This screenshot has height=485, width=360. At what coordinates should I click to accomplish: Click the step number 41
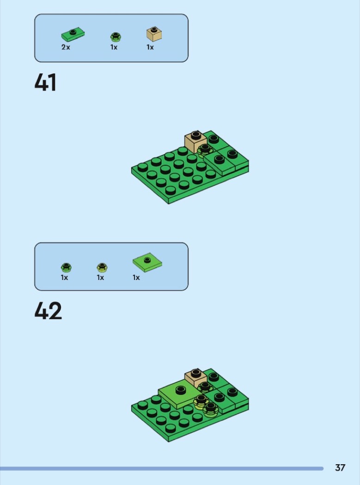[45, 82]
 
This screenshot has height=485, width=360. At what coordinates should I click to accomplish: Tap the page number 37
[340, 467]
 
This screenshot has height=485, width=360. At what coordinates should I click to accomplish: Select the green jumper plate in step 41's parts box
[73, 34]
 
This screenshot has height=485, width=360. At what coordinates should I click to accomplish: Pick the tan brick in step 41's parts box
[154, 34]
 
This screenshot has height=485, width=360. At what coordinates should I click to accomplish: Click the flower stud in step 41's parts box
[116, 37]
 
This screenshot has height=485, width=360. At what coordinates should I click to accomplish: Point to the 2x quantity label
[66, 47]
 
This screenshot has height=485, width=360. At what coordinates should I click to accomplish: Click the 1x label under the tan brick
[150, 47]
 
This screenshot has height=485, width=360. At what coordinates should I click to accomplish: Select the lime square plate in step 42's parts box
[147, 262]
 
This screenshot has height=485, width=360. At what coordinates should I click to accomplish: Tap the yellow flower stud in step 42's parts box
[102, 267]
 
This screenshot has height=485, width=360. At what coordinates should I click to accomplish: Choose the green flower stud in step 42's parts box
[66, 267]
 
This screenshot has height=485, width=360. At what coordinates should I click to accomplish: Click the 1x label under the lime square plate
[136, 278]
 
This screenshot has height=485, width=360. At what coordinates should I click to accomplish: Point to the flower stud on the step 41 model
[204, 151]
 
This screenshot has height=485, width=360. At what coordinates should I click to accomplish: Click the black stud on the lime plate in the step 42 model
[181, 390]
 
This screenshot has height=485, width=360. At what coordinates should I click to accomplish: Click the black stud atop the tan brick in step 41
[195, 135]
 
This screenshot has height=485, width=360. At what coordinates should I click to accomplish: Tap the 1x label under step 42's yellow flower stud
[100, 278]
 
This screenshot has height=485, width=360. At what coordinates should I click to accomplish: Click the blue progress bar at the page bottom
[162, 469]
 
